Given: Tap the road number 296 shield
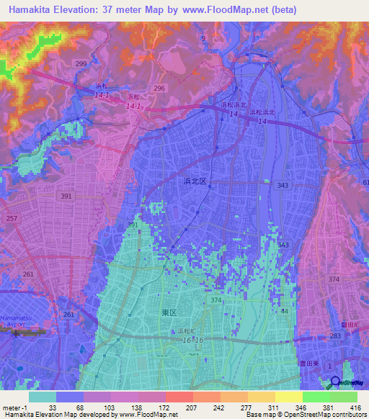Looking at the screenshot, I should pyautogui.click(x=159, y=88).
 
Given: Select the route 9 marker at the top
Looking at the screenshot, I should pyautogui.click(x=203, y=37).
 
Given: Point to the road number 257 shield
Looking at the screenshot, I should pyautogui.click(x=10, y=217).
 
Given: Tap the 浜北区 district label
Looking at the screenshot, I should pyautogui.click(x=195, y=183).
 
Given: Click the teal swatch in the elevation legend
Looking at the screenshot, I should pyautogui.click(x=43, y=396).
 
